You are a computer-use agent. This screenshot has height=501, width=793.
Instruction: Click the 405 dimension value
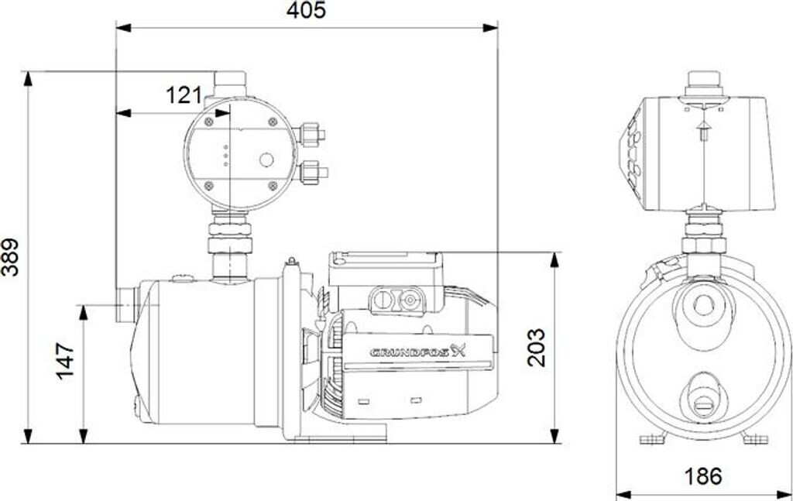[x=307, y=10]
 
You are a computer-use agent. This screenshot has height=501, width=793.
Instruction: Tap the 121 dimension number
[x=184, y=95]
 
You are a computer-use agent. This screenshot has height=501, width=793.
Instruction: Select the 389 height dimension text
[x=10, y=257]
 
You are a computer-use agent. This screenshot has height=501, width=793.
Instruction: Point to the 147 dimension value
[x=65, y=361]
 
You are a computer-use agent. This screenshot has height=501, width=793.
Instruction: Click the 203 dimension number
[x=537, y=348]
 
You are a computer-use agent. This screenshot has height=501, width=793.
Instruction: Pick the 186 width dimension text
[x=703, y=476]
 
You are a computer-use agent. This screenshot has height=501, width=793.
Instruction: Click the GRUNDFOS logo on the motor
[x=417, y=352]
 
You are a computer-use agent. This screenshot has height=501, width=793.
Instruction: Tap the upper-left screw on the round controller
[x=208, y=122]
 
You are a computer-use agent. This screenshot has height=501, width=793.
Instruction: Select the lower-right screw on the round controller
[x=273, y=186]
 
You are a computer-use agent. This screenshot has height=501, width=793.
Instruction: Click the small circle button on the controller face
[x=266, y=160]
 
